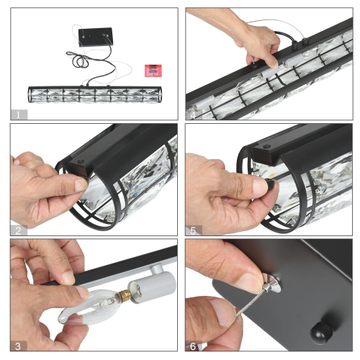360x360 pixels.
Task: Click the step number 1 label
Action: click(18, 115)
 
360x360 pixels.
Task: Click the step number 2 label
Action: click(18, 230)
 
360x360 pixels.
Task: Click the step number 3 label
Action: click(18, 346)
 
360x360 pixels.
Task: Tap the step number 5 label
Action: click(193, 230)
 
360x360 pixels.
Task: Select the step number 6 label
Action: click(193, 346)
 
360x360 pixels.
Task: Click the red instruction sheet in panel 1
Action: click(153, 71)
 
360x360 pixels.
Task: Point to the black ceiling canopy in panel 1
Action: click(95, 37)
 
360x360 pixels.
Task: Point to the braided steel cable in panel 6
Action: click(251, 305)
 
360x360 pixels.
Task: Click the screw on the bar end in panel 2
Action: click(81, 161)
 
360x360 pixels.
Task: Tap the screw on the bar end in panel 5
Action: click(266, 146)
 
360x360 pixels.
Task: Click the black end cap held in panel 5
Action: click(271, 184)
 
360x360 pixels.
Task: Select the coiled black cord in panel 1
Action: click(78, 58)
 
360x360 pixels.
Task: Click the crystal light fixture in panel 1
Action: click(95, 94)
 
